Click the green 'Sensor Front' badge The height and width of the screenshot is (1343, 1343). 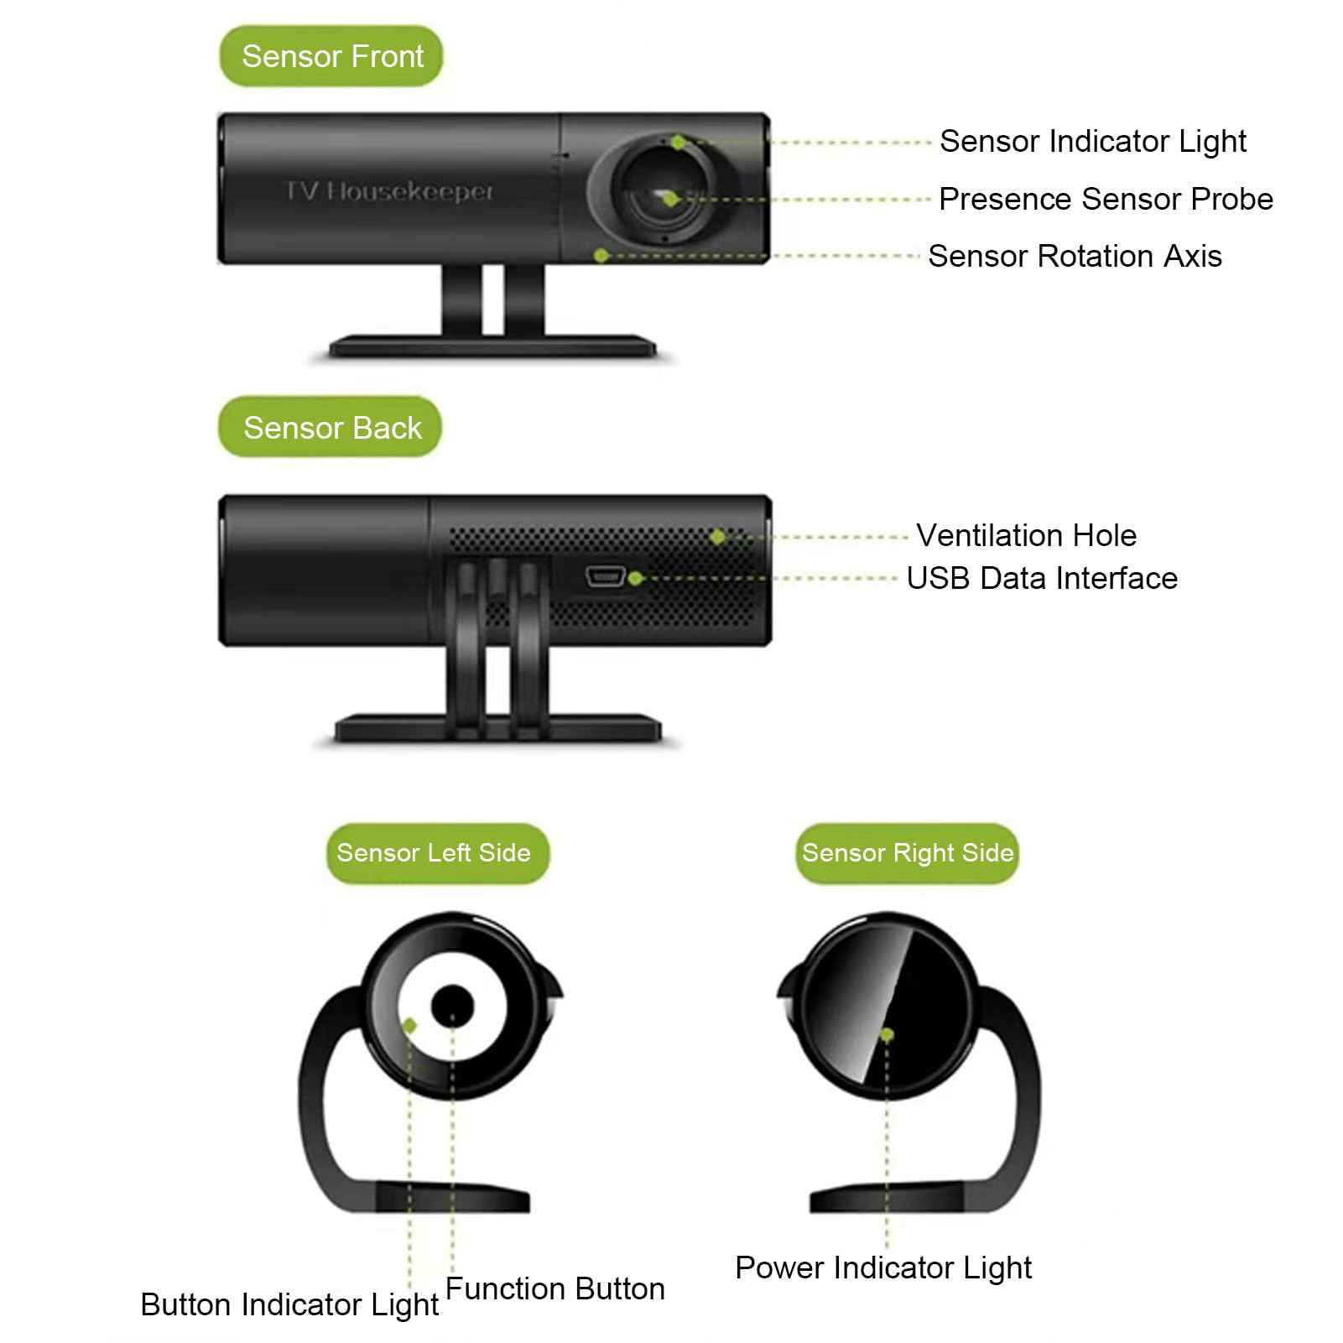331,56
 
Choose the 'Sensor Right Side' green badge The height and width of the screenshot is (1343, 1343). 907,853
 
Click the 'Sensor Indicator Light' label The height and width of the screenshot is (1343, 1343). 1092,142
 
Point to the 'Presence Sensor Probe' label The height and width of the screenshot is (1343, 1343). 1106,199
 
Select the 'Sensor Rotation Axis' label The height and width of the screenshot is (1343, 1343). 1075,256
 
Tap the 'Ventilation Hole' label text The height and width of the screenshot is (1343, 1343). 1026,535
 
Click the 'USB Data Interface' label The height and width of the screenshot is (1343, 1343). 1042,578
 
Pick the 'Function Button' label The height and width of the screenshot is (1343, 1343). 554,1288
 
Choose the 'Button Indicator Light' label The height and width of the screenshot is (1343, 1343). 289,1305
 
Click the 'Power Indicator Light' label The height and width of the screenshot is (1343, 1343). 883,1268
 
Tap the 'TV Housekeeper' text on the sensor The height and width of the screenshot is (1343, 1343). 389,192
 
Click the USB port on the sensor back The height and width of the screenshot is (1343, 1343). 605,575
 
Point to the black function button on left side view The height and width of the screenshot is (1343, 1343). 452,1006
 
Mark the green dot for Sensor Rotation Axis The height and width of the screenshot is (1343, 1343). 601,255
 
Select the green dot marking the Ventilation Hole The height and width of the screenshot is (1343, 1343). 717,536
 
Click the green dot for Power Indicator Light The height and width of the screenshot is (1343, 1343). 887,1035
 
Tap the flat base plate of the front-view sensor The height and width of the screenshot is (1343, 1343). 493,346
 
